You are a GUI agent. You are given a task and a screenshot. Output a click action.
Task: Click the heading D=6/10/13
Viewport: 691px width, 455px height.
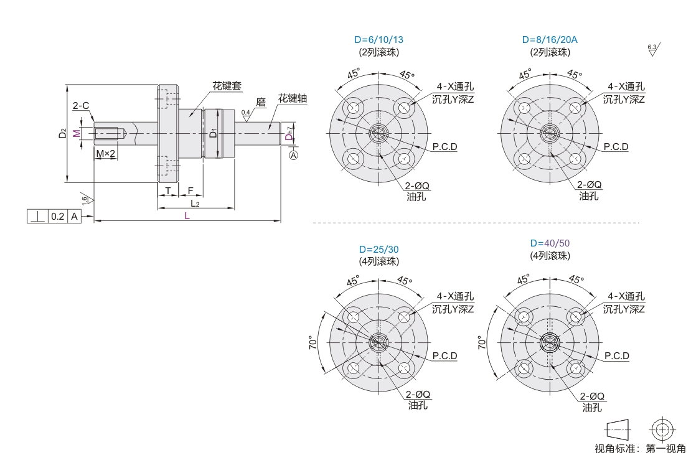[378, 40]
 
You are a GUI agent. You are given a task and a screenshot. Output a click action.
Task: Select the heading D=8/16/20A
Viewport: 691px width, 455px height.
[550, 40]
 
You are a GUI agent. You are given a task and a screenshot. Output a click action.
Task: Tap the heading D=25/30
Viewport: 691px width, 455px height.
[378, 249]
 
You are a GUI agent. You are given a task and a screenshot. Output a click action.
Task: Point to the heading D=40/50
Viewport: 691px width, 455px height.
[550, 243]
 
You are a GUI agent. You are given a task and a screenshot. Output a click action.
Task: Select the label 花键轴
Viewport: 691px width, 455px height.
[292, 98]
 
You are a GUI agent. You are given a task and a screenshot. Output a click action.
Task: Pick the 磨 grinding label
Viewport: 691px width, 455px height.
[261, 101]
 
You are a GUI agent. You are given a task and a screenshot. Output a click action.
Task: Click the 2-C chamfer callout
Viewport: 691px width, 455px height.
[81, 106]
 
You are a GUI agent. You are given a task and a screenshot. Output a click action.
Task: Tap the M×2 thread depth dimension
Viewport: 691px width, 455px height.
[106, 153]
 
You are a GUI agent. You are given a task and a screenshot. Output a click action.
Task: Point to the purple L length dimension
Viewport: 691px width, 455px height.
[187, 215]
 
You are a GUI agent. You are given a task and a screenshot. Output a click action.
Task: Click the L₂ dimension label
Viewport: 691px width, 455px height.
[195, 203]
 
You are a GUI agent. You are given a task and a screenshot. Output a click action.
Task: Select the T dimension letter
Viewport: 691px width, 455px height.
[168, 190]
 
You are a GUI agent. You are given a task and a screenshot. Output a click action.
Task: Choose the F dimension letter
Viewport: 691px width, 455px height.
[190, 190]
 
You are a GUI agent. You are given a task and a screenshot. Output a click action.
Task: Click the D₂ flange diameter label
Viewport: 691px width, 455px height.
[62, 133]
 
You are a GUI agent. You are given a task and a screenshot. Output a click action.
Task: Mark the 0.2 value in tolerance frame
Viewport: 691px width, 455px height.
[57, 217]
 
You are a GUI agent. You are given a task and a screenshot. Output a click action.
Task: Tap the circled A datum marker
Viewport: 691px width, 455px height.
[294, 154]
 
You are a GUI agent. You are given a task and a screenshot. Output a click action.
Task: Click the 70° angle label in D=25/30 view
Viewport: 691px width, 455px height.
[313, 342]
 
